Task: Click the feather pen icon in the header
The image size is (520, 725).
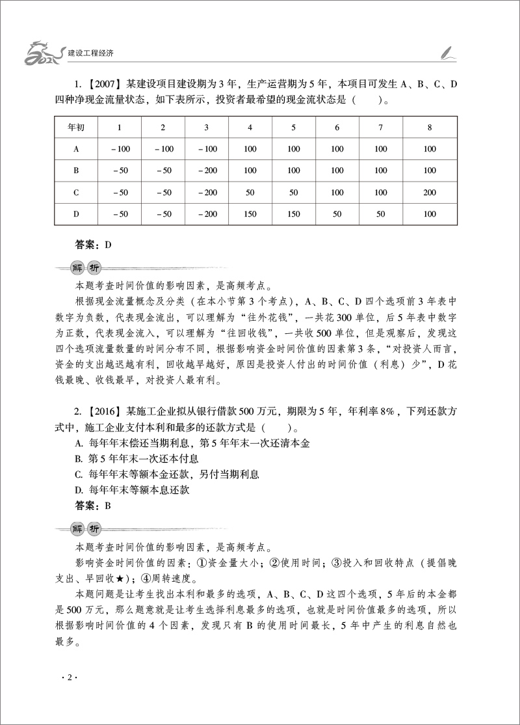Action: pos(447,51)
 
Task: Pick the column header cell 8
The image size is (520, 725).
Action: pos(429,127)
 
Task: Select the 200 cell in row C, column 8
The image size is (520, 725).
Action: pos(429,193)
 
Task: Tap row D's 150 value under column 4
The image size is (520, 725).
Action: pos(250,214)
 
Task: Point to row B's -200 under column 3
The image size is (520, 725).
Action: pos(207,171)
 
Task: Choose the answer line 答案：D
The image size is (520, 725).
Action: pos(94,245)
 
